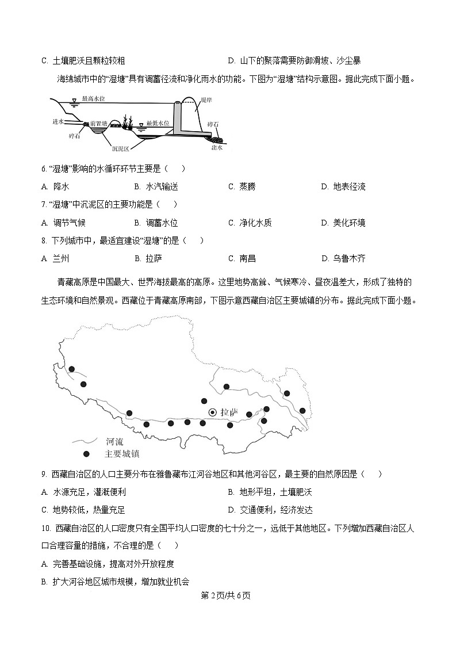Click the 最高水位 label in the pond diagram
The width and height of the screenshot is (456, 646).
[x=93, y=99]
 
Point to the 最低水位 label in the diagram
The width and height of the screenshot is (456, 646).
[x=158, y=123]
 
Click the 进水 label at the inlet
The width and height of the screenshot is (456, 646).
[x=57, y=121]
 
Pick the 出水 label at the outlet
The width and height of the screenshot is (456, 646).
[x=217, y=147]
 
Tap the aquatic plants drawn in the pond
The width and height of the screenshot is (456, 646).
[x=128, y=122]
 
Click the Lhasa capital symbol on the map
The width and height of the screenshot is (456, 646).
[x=212, y=412]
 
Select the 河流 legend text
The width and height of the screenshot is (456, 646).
[x=114, y=442]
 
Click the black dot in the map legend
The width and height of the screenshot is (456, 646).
[x=86, y=454]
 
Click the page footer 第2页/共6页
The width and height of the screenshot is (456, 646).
[x=228, y=595]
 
